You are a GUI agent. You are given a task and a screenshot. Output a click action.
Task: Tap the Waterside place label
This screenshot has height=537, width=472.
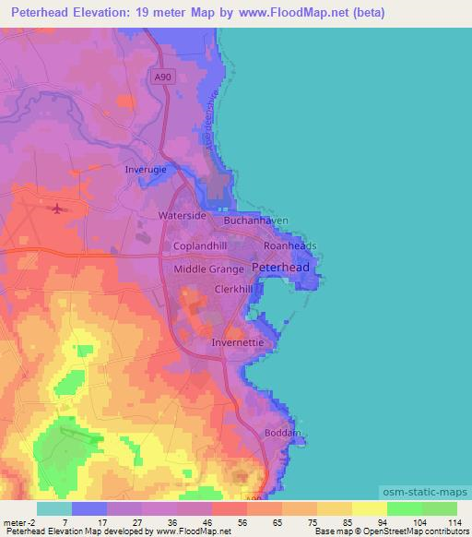click(x=182, y=215)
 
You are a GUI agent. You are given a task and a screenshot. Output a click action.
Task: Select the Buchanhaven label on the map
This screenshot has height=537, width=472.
click(x=256, y=221)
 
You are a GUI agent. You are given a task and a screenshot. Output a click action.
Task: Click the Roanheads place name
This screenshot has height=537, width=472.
click(x=289, y=246)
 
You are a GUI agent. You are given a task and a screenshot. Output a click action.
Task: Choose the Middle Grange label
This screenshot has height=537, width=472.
click(x=209, y=268)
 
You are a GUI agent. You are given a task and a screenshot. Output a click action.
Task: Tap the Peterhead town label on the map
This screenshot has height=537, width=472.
click(x=281, y=267)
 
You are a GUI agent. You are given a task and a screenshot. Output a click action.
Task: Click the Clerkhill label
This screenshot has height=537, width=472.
click(x=233, y=288)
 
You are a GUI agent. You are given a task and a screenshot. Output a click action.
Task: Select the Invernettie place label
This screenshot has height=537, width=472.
click(x=238, y=341)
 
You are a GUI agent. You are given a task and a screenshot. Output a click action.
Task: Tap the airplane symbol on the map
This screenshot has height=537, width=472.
click(x=60, y=209)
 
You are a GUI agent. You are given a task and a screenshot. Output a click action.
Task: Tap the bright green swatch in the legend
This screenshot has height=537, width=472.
click(x=404, y=508)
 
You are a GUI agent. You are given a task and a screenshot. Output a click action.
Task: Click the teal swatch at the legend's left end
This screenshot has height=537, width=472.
click(x=54, y=508)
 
